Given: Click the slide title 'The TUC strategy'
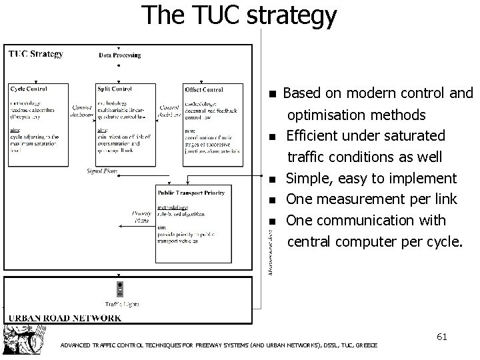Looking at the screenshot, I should click(x=239, y=15).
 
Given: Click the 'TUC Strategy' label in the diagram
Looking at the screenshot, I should click(x=36, y=53).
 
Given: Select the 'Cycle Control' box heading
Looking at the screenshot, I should click(x=28, y=89).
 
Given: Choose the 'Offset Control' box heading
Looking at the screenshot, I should click(x=204, y=89).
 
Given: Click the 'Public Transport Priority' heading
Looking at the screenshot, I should click(x=191, y=193).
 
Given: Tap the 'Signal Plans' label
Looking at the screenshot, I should click(x=102, y=171).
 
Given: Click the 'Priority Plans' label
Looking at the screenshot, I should click(x=141, y=216).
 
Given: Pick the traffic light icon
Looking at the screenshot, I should click(x=120, y=288).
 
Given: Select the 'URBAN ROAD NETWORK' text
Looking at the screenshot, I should click(x=64, y=317).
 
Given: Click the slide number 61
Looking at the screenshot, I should click(x=441, y=337).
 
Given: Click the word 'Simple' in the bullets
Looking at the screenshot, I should click(x=307, y=178).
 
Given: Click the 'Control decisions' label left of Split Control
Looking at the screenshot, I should click(x=82, y=110).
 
